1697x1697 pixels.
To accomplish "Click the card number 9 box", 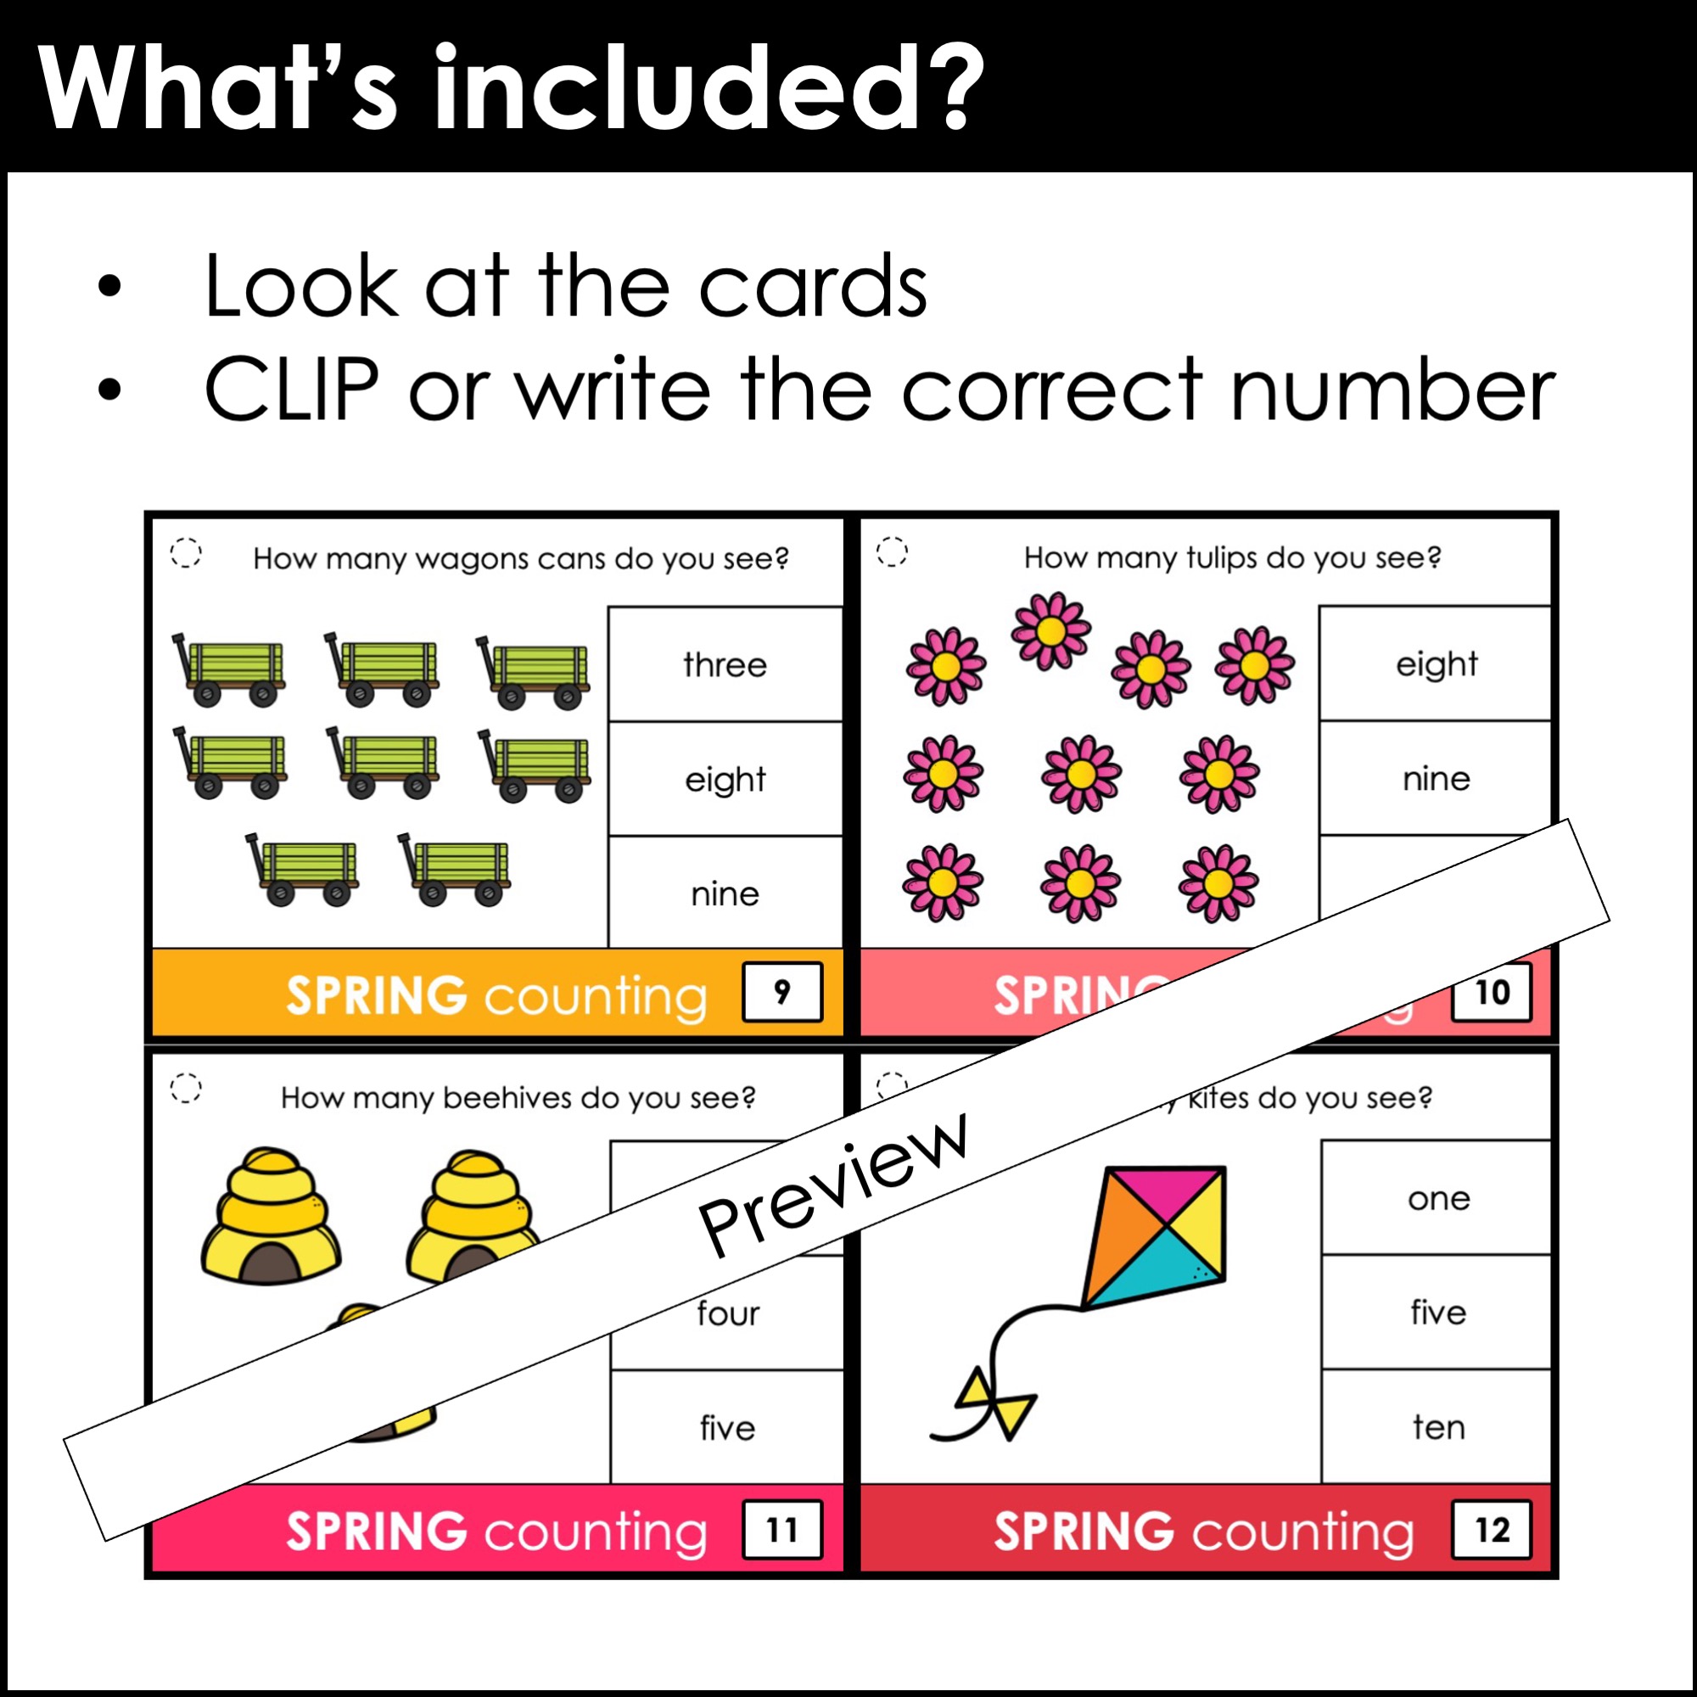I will pyautogui.click(x=781, y=992).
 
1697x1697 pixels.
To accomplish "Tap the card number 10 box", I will pyautogui.click(x=1492, y=993).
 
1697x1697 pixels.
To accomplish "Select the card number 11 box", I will pyautogui.click(x=781, y=1529).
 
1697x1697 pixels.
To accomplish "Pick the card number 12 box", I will pyautogui.click(x=1492, y=1529).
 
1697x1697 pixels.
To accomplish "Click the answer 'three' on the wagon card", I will pyautogui.click(x=725, y=665).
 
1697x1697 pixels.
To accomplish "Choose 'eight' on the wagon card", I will pyautogui.click(x=725, y=780).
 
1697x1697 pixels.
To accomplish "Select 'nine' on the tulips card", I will pyautogui.click(x=1437, y=778).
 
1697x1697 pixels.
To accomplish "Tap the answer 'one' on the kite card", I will pyautogui.click(x=1438, y=1198).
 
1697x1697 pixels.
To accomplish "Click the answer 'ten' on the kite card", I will pyautogui.click(x=1438, y=1427).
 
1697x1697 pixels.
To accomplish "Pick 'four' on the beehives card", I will pyautogui.click(x=727, y=1313).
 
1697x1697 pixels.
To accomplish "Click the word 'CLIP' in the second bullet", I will pyautogui.click(x=292, y=389).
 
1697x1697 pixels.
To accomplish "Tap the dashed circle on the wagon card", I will pyautogui.click(x=185, y=552).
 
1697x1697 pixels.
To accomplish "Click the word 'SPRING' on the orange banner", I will pyautogui.click(x=376, y=995).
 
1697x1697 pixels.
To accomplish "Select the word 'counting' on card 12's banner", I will pyautogui.click(x=1302, y=1532).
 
